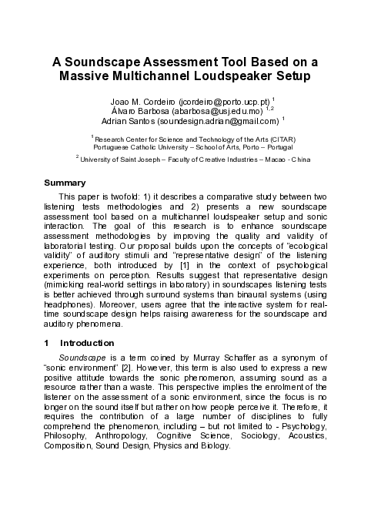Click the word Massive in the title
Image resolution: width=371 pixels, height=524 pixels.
click(91, 77)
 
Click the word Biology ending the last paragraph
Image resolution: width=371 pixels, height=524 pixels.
click(212, 446)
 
